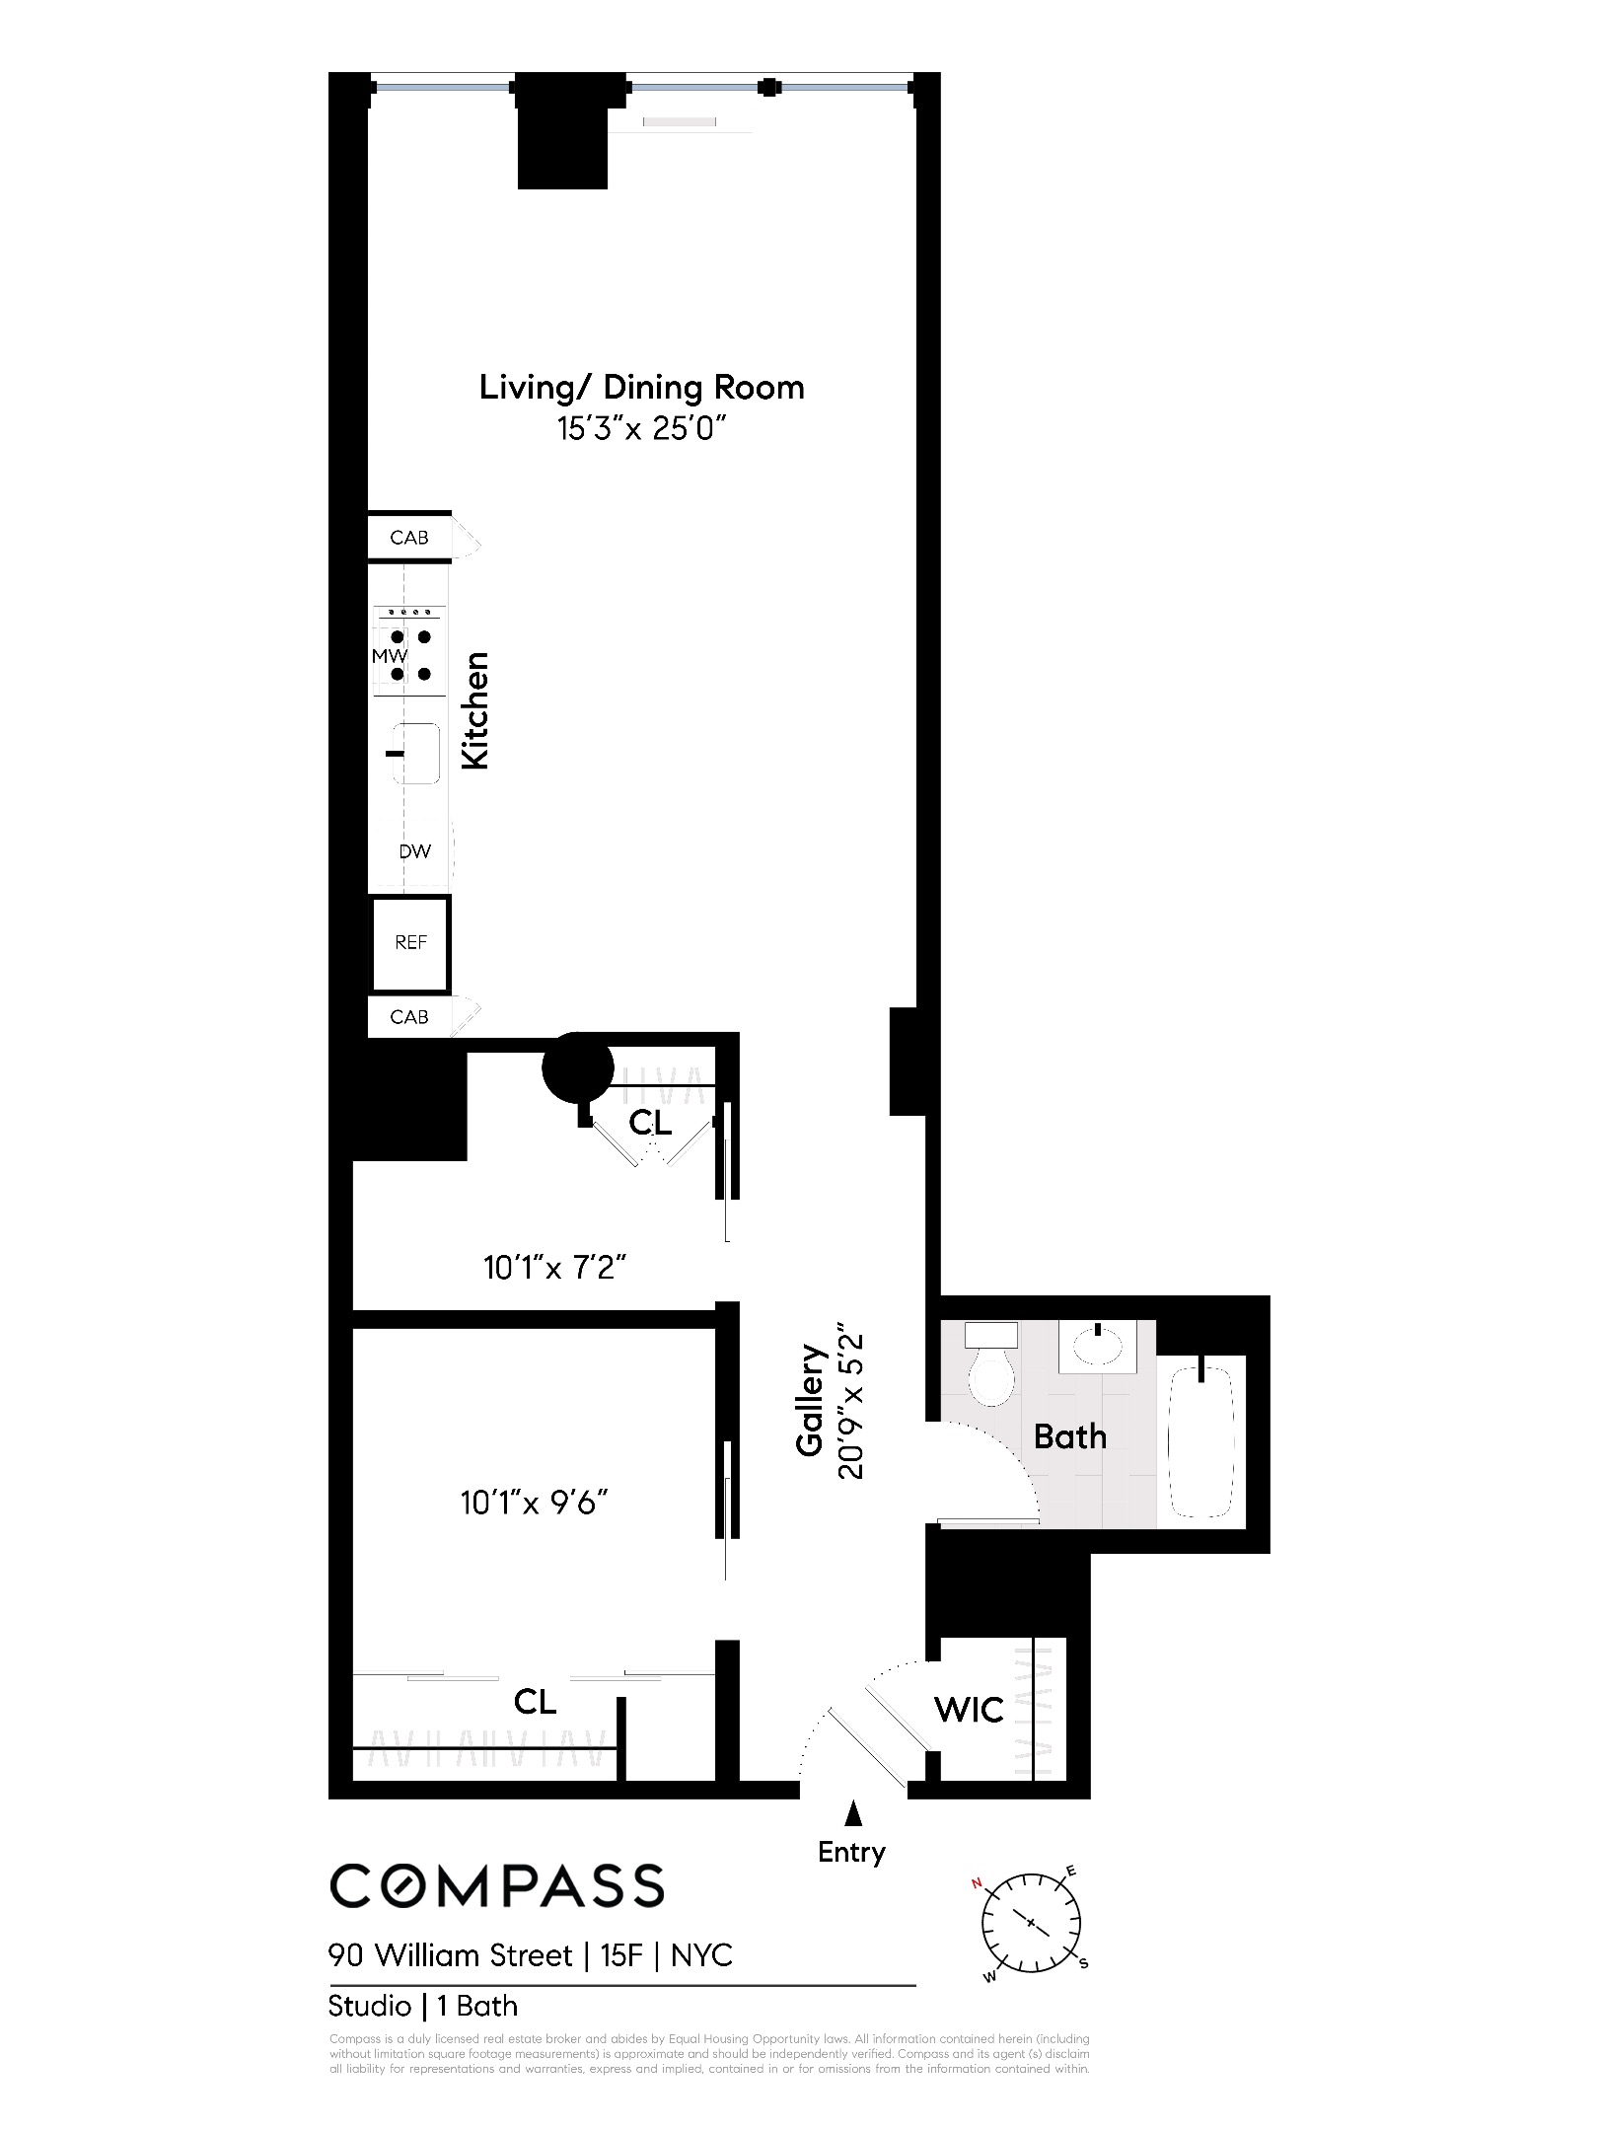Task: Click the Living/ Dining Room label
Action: click(641, 388)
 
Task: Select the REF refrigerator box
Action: click(410, 943)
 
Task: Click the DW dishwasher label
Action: click(414, 851)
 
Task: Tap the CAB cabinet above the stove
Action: click(409, 538)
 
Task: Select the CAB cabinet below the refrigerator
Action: click(409, 1017)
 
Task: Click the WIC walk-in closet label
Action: click(969, 1710)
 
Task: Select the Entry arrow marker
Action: click(853, 1813)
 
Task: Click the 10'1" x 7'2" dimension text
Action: click(555, 1268)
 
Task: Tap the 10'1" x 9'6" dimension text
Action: click(534, 1504)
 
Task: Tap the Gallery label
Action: click(810, 1400)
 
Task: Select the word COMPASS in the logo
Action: click(496, 1886)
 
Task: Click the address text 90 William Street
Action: click(451, 1955)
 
